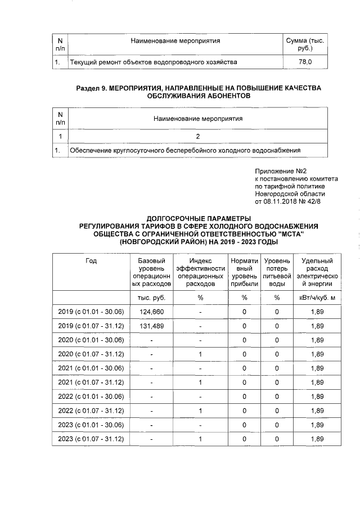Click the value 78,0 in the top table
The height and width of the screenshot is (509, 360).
tap(305, 61)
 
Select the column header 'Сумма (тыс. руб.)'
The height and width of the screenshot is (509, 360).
tap(305, 45)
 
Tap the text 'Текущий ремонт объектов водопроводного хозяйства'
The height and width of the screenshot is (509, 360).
tap(152, 61)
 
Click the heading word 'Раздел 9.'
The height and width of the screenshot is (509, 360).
tap(91, 88)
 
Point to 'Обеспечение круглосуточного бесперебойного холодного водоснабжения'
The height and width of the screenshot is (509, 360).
tap(185, 151)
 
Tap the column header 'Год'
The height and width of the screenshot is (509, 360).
tap(91, 261)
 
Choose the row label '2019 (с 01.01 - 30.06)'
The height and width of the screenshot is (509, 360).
tap(91, 311)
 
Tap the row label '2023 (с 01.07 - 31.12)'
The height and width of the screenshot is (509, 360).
tap(91, 439)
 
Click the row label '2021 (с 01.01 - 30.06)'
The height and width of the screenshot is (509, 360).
tap(91, 368)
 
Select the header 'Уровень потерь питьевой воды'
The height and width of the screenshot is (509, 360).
tap(277, 272)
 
